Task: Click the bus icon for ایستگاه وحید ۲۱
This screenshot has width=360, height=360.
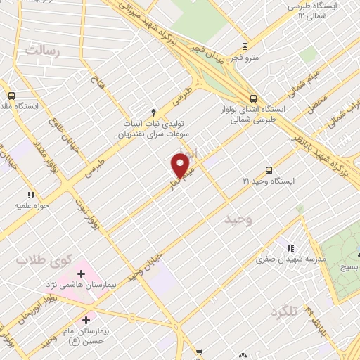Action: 269,169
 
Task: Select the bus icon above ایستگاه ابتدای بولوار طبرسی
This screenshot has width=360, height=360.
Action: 253,99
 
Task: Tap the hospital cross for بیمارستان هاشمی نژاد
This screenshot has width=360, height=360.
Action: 82,272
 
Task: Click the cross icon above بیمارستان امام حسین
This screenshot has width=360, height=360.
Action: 86,321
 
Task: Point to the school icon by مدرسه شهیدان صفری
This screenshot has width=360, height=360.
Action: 289,248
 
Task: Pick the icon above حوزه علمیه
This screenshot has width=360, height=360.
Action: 30,195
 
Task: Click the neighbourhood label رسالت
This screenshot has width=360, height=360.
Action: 43,50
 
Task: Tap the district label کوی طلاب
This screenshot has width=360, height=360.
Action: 32,260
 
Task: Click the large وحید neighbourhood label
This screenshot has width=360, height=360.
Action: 238,221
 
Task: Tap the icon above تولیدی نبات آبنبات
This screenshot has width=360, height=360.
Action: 154,112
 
